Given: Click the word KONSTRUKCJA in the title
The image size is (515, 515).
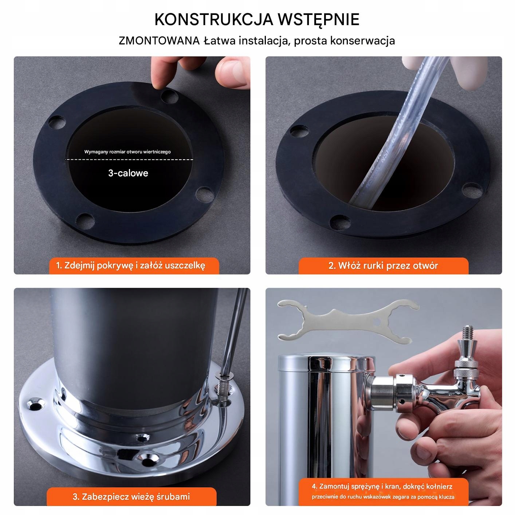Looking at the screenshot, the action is pos(214,19).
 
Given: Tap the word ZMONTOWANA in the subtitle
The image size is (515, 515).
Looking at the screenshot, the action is pos(159,41).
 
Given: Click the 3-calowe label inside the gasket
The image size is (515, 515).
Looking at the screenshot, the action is pos(128,173).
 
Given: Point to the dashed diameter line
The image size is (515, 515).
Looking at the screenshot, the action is pos(129,160).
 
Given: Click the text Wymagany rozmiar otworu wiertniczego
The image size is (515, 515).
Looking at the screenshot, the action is pos(127,152).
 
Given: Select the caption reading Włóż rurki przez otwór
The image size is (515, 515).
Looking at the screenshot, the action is pos(383,266).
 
